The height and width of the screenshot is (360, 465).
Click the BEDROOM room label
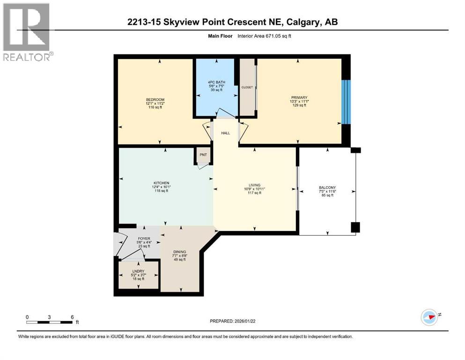pyautogui.click(x=155, y=100)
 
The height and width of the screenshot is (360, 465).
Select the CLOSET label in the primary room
pyautogui.click(x=247, y=87)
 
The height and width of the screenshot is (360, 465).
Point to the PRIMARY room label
pyautogui.click(x=299, y=97)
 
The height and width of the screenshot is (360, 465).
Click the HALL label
pyautogui.click(x=226, y=133)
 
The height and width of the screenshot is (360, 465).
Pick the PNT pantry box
pyautogui.click(x=203, y=155)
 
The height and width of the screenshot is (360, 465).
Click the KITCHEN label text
pyautogui.click(x=160, y=183)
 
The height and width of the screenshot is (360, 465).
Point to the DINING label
pyautogui.click(x=180, y=252)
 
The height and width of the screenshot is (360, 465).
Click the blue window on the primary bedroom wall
pyautogui.click(x=346, y=102)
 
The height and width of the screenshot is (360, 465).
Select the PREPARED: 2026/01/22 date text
pyautogui.click(x=235, y=321)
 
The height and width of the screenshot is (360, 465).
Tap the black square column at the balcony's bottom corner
pyautogui.click(x=355, y=228)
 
